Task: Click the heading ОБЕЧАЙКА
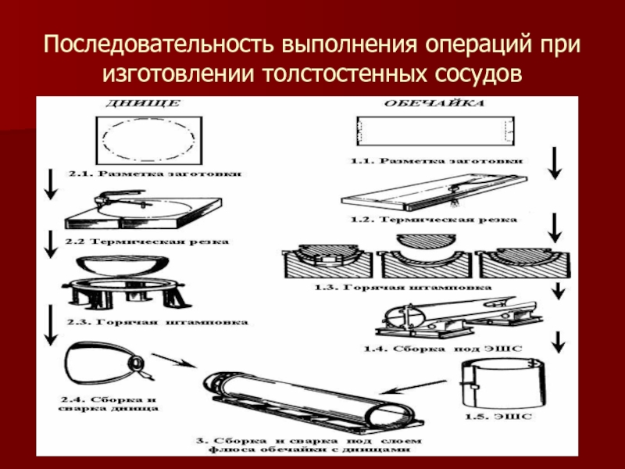[x=430, y=102]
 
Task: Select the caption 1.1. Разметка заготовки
[x=436, y=161]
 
